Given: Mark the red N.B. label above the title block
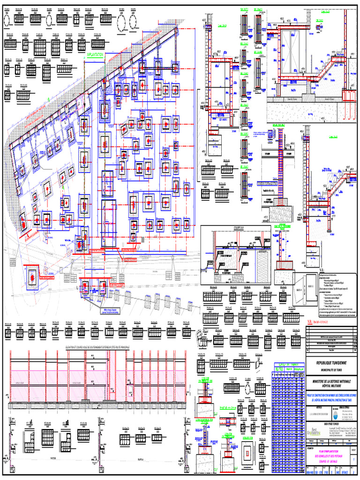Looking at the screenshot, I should (311, 322).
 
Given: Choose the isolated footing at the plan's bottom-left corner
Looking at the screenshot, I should (32, 277).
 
